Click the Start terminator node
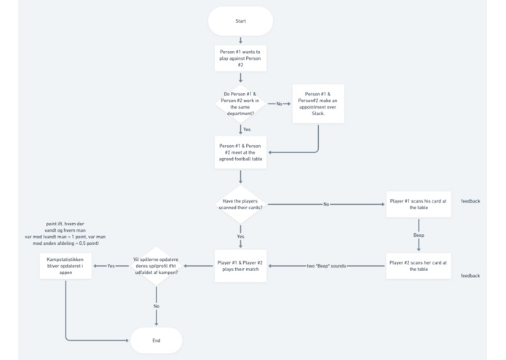240,21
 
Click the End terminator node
156,340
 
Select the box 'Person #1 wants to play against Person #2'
240,58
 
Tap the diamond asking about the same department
240,103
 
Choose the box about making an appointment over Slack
318,103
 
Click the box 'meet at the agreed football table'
240,152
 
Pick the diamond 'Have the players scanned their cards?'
240,204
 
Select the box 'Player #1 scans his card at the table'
418,204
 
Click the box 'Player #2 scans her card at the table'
418,266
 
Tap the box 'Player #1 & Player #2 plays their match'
240,266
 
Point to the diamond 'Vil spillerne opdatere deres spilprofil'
156,266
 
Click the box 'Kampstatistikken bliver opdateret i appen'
66,266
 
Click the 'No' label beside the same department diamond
279,103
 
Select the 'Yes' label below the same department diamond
246,130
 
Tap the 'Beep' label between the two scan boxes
419,235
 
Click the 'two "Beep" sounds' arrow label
326,266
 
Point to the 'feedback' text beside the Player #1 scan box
470,201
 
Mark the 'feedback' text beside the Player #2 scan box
470,275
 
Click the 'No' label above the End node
156,306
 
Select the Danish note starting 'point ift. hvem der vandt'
65,233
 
